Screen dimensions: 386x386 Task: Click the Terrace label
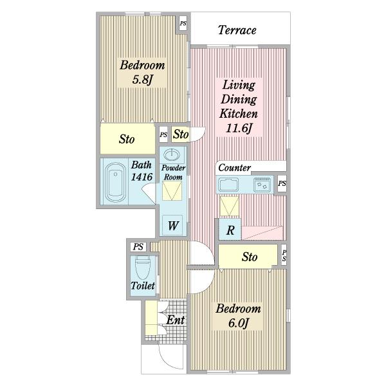tap(237, 30)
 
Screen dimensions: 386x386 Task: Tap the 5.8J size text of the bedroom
tap(143, 79)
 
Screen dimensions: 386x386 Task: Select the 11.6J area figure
tap(239, 128)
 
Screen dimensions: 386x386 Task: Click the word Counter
tap(234, 168)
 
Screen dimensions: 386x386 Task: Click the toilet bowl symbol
tap(143, 267)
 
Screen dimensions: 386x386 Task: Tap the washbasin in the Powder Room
tap(172, 155)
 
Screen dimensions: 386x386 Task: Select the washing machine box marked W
tap(172, 225)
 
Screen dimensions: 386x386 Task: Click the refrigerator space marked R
tap(230, 230)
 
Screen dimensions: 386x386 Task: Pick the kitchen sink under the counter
tap(228, 185)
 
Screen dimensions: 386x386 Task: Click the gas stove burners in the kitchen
tap(262, 185)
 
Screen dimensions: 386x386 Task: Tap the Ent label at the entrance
tap(176, 320)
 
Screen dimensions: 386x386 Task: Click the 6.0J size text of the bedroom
tap(238, 323)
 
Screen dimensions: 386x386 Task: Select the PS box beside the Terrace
tap(183, 24)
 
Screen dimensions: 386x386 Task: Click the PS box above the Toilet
tap(138, 246)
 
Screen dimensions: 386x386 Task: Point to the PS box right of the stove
tap(282, 183)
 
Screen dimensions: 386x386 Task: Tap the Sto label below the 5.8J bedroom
tap(127, 139)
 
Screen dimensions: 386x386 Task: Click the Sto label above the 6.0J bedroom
tap(250, 257)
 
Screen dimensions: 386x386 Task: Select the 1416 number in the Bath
tap(142, 177)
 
